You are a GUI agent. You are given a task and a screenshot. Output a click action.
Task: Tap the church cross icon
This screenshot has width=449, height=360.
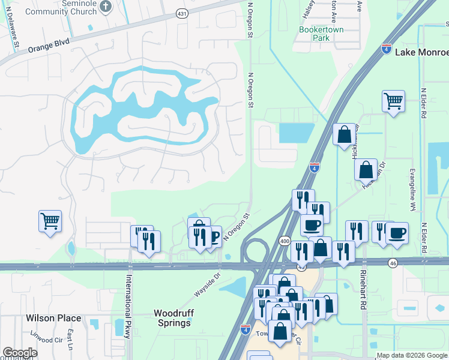pyautogui.click(x=106, y=6)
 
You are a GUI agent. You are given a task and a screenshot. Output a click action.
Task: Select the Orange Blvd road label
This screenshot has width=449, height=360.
pyautogui.click(x=49, y=46)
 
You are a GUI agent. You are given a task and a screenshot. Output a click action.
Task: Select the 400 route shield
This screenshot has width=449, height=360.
pyautogui.click(x=285, y=241)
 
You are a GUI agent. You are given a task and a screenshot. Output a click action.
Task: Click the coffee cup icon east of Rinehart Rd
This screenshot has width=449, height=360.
pyautogui.click(x=396, y=233)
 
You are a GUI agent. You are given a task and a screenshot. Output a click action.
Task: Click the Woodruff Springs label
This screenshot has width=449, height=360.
pyautogui.click(x=172, y=317)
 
